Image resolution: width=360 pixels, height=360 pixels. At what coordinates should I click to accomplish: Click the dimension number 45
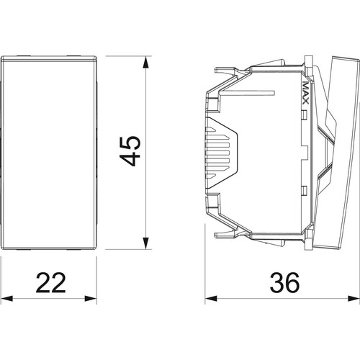click(130, 151)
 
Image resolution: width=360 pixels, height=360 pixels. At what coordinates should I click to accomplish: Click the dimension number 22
click(50, 282)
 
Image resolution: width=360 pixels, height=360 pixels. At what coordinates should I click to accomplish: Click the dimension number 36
click(284, 282)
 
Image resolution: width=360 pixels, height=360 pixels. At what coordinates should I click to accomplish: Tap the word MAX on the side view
click(305, 93)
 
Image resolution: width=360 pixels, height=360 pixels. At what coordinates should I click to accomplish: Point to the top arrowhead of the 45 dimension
click(145, 62)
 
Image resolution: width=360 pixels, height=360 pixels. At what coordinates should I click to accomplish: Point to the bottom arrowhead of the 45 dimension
click(145, 243)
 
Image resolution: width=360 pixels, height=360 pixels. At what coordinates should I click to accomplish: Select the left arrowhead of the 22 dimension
click(6, 299)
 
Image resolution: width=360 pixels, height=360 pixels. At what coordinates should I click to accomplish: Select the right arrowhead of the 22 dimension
click(91, 299)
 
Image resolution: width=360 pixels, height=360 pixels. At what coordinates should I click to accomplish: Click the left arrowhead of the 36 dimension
click(211, 299)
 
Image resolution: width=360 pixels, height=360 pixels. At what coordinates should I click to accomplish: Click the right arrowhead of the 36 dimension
click(354, 299)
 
